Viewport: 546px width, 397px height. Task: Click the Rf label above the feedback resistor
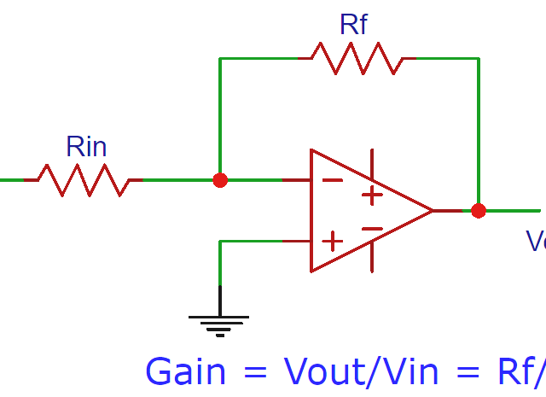(x=353, y=24)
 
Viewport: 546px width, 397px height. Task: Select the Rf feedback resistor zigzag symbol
(x=357, y=58)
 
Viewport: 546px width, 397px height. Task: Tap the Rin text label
(x=86, y=147)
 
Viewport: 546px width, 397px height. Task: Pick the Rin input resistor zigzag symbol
(x=82, y=180)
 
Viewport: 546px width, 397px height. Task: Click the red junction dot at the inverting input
(x=220, y=180)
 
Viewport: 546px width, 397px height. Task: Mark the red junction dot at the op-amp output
(x=479, y=210)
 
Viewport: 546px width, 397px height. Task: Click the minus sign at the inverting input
(x=332, y=180)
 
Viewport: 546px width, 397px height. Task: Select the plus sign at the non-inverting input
(x=332, y=242)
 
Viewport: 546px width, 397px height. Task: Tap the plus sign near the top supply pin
(x=372, y=196)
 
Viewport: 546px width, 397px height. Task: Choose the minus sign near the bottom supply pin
(x=372, y=228)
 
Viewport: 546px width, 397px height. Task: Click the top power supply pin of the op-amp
(x=372, y=162)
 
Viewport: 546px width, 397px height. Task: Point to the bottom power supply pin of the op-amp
(x=372, y=258)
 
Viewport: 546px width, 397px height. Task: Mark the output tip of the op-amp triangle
(x=433, y=210)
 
